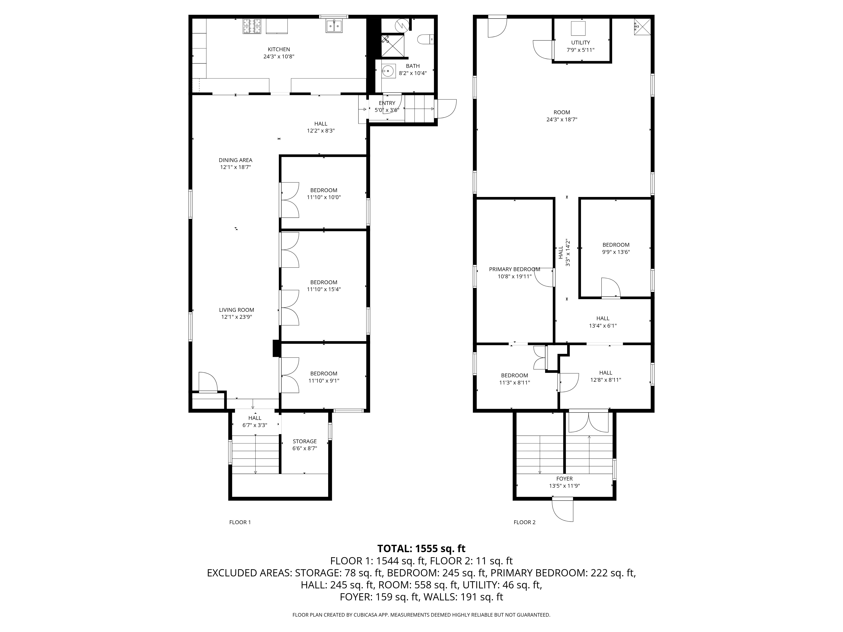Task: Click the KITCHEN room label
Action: point(279,49)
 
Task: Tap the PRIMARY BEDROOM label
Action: point(514,269)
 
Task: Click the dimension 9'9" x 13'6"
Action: point(616,252)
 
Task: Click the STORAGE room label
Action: point(305,442)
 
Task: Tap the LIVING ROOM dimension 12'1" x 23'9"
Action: point(236,317)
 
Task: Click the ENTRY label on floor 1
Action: point(387,103)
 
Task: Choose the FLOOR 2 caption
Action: point(524,522)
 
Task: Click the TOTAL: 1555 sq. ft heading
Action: point(421,549)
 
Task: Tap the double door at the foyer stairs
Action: point(589,422)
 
